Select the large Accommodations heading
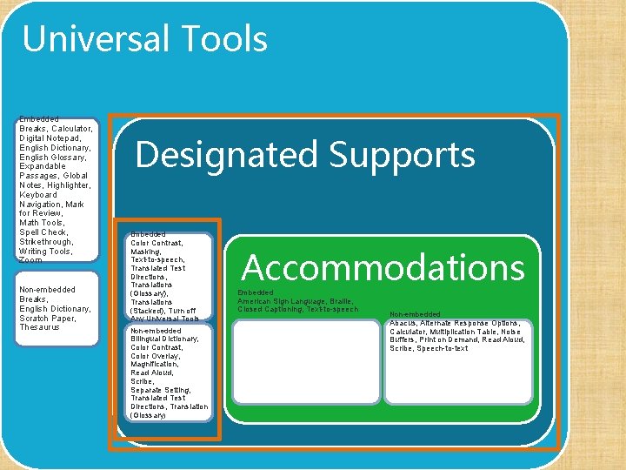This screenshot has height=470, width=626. [x=383, y=267]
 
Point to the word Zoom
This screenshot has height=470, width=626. [x=30, y=260]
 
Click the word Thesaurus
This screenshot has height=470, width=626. [x=40, y=327]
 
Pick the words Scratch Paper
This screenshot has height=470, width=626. [x=48, y=318]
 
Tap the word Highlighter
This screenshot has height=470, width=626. [x=70, y=185]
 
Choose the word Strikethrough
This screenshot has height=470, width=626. [x=43, y=242]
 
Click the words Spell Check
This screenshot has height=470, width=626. [x=43, y=232]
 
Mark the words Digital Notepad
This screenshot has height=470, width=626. [x=50, y=138]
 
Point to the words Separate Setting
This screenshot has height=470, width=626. [x=161, y=390]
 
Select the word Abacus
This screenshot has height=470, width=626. [x=403, y=323]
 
